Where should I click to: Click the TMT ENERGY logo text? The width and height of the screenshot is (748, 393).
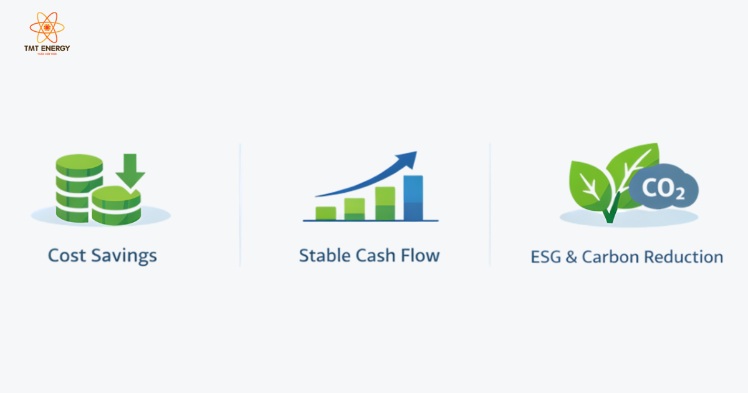(x=47, y=48)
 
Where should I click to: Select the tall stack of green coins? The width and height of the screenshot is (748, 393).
(x=79, y=187)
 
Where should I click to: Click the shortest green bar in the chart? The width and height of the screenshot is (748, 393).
(x=326, y=213)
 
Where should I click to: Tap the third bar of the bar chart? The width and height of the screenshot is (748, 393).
(x=385, y=203)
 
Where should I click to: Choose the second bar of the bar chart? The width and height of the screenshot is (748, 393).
(x=354, y=208)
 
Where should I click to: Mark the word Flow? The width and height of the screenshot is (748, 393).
(x=420, y=255)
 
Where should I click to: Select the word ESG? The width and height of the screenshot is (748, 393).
(x=546, y=257)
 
